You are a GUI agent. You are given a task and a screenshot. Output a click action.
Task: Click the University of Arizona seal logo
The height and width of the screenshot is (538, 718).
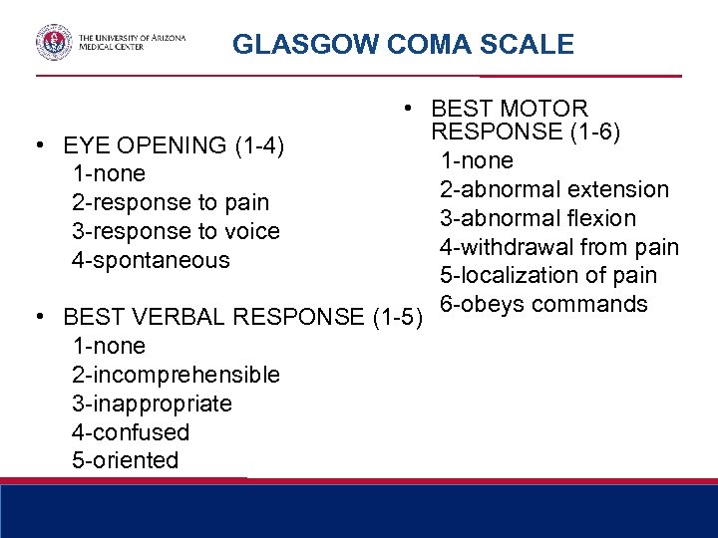54,43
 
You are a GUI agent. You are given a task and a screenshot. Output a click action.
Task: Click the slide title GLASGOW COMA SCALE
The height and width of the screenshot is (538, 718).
403,45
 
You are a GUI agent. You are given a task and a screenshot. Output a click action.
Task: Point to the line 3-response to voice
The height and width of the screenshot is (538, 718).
176,232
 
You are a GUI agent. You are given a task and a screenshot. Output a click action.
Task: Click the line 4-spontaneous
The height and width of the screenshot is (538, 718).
151,261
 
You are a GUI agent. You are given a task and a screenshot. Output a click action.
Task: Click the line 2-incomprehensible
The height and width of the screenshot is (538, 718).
176,376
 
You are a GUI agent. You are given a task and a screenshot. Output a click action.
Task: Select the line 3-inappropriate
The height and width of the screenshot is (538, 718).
152,404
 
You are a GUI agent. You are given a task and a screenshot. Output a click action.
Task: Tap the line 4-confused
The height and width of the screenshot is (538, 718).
131,433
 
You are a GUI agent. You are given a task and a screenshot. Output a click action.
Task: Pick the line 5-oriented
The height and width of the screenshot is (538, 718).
126,461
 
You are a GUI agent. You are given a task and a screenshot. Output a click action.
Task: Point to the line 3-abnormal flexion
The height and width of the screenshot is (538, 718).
538,218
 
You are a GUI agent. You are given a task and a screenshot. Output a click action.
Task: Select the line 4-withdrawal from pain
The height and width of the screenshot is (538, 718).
559,247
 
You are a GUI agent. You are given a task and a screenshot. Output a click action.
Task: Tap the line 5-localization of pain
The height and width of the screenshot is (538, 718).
547,276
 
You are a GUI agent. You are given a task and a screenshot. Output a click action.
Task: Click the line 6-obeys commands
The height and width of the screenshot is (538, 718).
544,304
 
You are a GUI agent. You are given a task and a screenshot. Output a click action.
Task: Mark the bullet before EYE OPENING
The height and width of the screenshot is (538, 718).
38,145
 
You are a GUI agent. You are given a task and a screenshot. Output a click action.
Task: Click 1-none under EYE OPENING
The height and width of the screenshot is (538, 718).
109,174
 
